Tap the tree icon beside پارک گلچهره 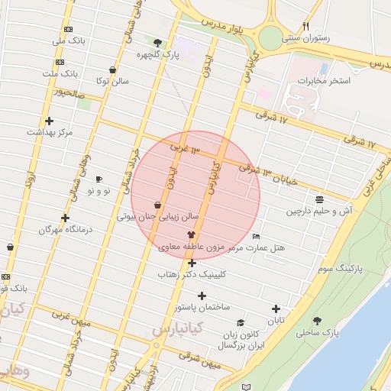click(x=157, y=43)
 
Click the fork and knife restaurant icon click(x=306, y=25)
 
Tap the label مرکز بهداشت click(x=50, y=132)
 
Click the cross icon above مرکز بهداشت click(x=50, y=121)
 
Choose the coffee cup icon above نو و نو click(x=99, y=179)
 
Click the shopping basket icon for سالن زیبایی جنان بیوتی click(x=157, y=205)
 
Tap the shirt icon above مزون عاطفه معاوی click(x=191, y=235)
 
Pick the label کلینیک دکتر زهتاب click(x=192, y=273)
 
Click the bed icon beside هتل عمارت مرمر click(x=256, y=236)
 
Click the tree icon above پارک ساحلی click(x=317, y=321)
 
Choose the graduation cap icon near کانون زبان click(x=241, y=324)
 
